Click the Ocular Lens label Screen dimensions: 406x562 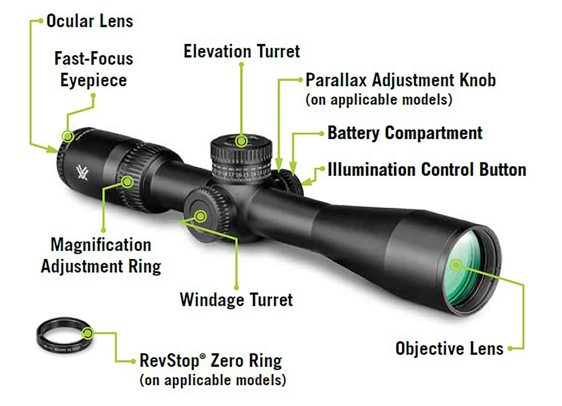pos(89,21)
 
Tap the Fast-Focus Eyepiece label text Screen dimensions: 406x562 pos(93,69)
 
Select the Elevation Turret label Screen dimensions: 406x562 pos(242,51)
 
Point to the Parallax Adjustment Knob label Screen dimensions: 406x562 pos(400,80)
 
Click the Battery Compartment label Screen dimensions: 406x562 pos(404,133)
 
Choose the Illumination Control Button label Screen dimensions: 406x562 pos(426,170)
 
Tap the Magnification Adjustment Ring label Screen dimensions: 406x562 pos(101,256)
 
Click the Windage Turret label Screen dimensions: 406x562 pos(236,300)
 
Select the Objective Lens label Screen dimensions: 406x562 pos(449,349)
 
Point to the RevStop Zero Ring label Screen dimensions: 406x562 pos(210,361)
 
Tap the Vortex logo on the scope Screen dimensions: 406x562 pos(82,172)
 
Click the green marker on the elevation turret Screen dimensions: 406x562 pos(242,141)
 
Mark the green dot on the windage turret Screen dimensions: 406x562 pos(200,216)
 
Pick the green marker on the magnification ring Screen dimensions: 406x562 pos(127,181)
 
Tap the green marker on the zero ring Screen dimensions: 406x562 pos(88,333)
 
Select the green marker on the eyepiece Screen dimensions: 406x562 pos(68,136)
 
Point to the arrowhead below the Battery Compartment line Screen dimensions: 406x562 pos(293,168)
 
